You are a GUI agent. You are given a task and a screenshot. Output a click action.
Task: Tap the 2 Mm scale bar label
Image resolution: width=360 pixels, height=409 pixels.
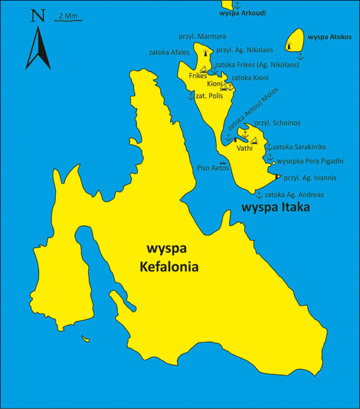[x=67, y=15]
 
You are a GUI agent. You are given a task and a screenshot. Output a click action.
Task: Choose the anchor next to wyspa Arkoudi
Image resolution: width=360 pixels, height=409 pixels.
[x=236, y=5]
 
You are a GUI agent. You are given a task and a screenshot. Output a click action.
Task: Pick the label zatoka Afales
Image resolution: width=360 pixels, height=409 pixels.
[x=169, y=52]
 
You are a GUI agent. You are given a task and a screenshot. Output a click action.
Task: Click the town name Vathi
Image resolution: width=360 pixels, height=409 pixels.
[x=244, y=148]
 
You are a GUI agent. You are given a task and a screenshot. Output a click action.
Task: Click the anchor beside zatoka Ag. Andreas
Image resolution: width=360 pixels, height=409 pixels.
[x=259, y=195]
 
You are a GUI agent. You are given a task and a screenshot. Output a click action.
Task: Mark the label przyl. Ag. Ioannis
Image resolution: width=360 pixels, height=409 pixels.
[x=310, y=178]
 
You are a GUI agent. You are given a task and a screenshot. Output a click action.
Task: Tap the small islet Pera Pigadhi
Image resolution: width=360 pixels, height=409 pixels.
[x=274, y=163]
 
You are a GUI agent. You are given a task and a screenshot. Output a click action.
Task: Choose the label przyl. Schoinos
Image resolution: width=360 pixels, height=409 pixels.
[x=277, y=123]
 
